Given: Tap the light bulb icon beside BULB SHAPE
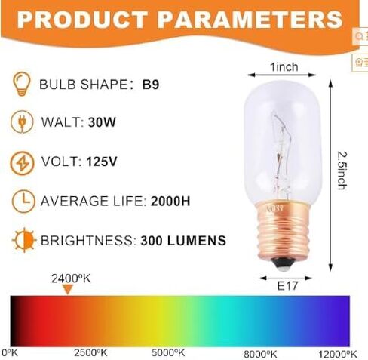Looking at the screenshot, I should pos(23,83).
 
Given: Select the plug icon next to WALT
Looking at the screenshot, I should pos(23,122).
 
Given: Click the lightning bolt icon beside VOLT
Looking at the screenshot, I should pos(23,162).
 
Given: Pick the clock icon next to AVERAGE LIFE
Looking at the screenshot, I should pos(23,201).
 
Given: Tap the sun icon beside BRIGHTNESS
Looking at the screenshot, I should pos(23,241).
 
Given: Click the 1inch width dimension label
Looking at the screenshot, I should pos(284,67).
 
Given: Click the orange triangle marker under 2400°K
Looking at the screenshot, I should pos(68,289).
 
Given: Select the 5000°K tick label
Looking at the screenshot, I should pos(168,352).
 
